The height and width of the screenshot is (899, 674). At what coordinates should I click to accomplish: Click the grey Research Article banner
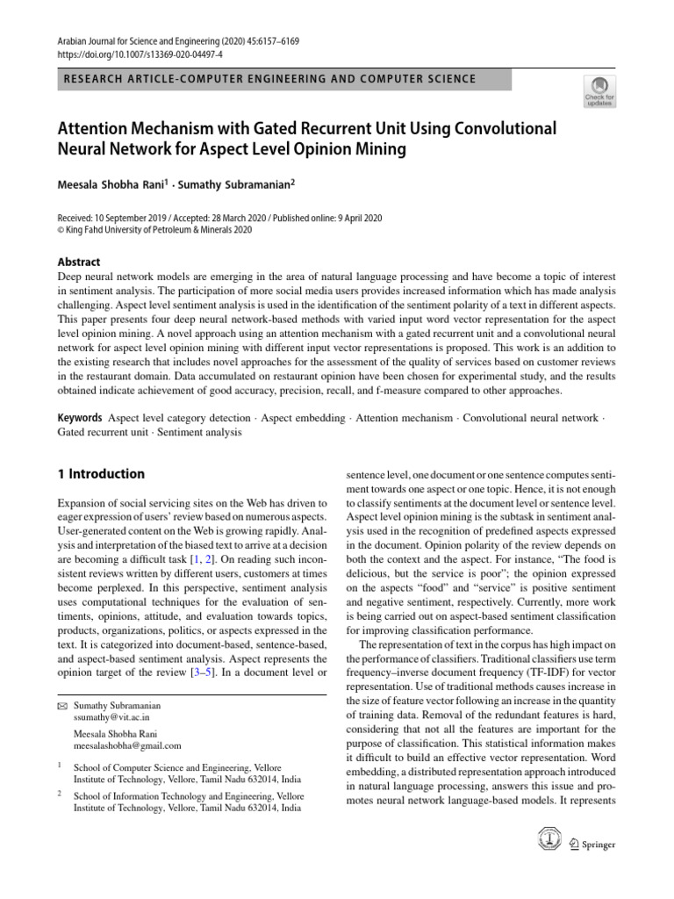[283, 79]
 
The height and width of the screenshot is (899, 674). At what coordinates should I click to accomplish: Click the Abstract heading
[79, 262]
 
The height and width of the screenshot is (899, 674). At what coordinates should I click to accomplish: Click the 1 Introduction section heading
[101, 474]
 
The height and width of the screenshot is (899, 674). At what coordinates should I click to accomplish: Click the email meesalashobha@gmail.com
[126, 745]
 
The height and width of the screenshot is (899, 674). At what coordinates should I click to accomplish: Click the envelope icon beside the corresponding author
[61, 705]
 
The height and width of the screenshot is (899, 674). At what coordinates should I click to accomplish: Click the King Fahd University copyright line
[154, 230]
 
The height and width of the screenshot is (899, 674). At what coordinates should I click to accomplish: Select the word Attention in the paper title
[97, 128]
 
